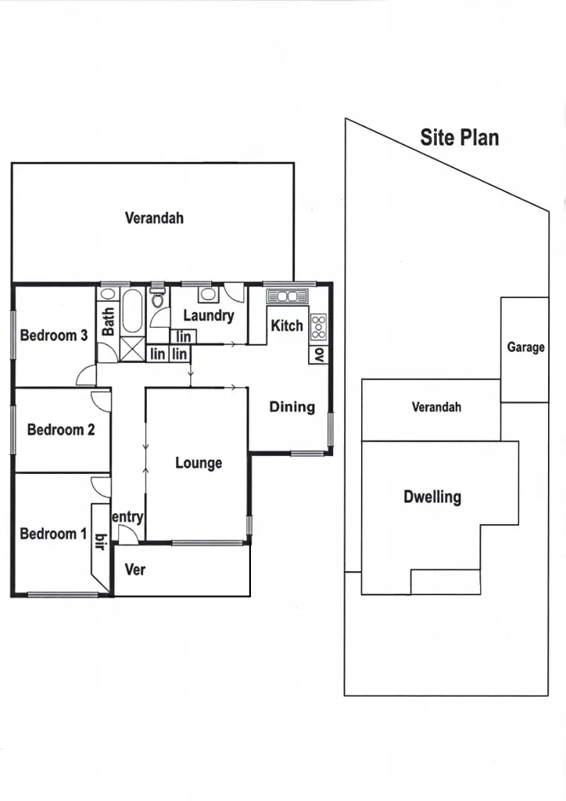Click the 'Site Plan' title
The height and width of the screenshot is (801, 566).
[459, 138]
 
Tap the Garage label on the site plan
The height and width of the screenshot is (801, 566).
[525, 347]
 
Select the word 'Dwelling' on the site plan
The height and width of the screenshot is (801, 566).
[432, 497]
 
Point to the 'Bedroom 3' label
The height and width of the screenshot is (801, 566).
[54, 336]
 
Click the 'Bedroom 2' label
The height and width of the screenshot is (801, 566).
[61, 429]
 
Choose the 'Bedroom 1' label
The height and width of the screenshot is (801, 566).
[53, 533]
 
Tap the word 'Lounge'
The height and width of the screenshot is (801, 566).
[199, 463]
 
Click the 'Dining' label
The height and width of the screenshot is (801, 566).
[292, 407]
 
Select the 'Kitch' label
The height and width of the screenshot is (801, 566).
[286, 325]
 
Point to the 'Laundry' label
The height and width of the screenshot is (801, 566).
[209, 315]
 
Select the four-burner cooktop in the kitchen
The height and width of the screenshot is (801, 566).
[319, 327]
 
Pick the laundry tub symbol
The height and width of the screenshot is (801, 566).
[208, 295]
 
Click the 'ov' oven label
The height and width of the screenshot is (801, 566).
[319, 354]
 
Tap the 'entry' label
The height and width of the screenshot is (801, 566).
[127, 517]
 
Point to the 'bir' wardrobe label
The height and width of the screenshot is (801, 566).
[100, 541]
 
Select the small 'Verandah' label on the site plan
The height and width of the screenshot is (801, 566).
[436, 407]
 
